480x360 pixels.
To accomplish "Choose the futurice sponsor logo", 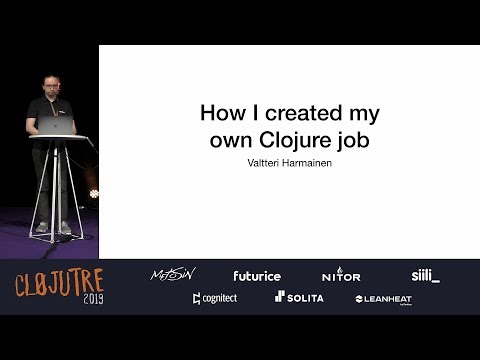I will pos(257,275).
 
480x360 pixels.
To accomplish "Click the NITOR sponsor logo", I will pos(340,275).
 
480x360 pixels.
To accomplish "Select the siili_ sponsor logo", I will pos(425,275).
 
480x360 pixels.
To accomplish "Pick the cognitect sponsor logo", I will pos(215,298).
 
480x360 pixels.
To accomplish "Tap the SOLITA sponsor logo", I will pos(299,298).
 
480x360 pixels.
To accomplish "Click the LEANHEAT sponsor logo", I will pos(384,298).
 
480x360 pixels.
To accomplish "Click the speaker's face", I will pos(50,85).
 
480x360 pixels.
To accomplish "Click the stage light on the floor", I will pos(95,193).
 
